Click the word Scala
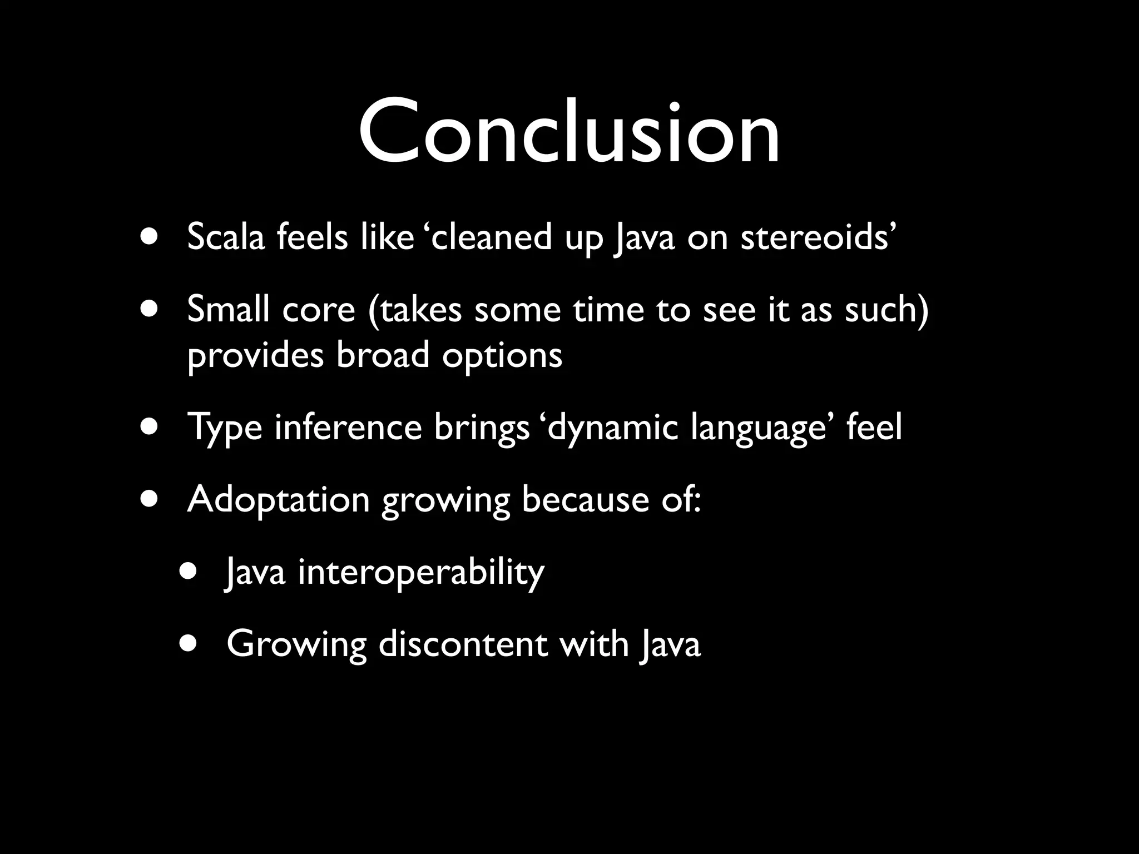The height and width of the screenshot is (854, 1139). pyautogui.click(x=226, y=237)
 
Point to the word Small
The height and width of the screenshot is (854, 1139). pyautogui.click(x=229, y=309)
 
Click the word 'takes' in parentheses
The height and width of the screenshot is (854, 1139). pyautogui.click(x=421, y=309)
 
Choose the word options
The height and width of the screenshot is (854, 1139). pyautogui.click(x=502, y=356)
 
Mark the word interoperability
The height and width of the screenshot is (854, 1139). pyautogui.click(x=421, y=573)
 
